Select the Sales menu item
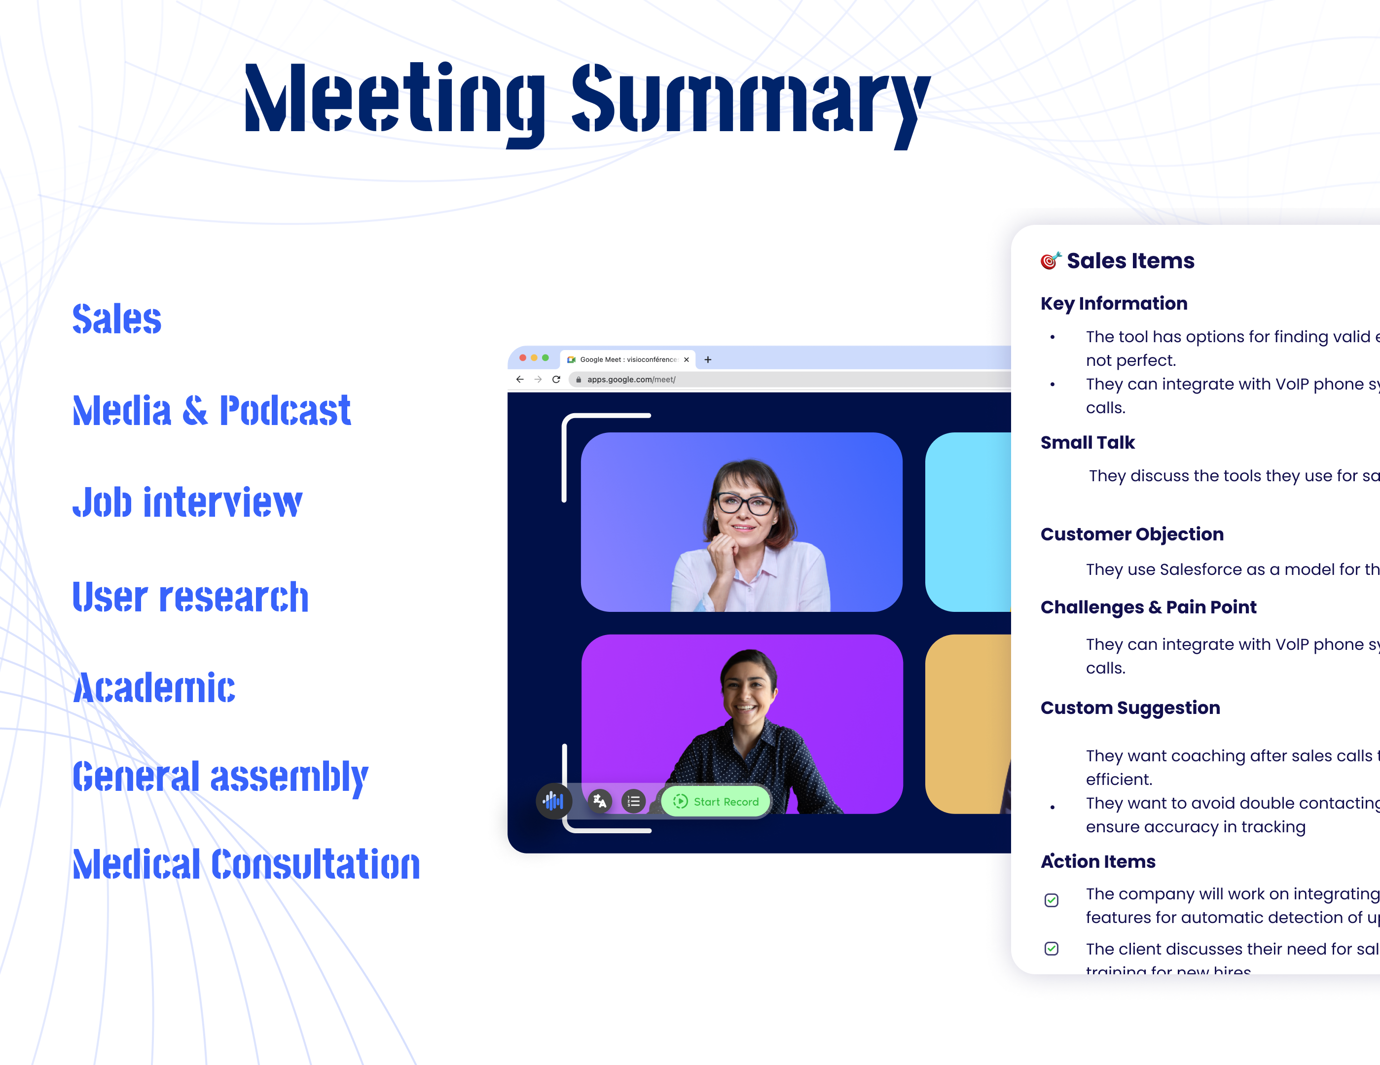(x=117, y=319)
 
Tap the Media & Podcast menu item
(x=211, y=411)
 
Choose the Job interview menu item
(x=187, y=503)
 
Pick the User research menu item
(x=190, y=597)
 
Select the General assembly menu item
(x=220, y=777)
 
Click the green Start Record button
(x=716, y=802)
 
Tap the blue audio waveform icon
(x=553, y=802)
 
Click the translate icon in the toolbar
(x=600, y=802)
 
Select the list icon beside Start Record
(x=633, y=802)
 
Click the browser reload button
(x=556, y=379)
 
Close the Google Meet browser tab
(x=686, y=359)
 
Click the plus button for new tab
(x=708, y=359)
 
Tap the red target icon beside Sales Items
(x=1050, y=260)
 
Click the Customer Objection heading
(x=1132, y=534)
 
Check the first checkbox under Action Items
(x=1052, y=900)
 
